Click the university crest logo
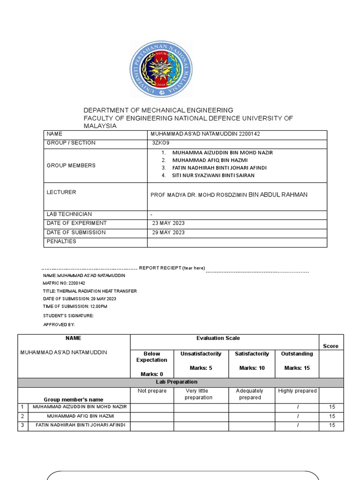[161, 69]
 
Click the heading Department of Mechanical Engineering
[158, 110]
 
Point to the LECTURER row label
[61, 192]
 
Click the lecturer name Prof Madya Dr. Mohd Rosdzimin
[229, 195]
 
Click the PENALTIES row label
[61, 241]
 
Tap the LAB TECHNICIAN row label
[69, 214]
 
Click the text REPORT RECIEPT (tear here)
[172, 268]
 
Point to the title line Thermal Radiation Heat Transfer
[90, 291]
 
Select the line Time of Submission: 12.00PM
[75, 306]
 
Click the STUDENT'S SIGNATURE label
[68, 315]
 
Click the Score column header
[330, 346]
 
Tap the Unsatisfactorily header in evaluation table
[201, 354]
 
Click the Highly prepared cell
[297, 391]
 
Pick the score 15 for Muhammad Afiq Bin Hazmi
[332, 416]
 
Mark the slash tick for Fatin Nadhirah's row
[297, 426]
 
